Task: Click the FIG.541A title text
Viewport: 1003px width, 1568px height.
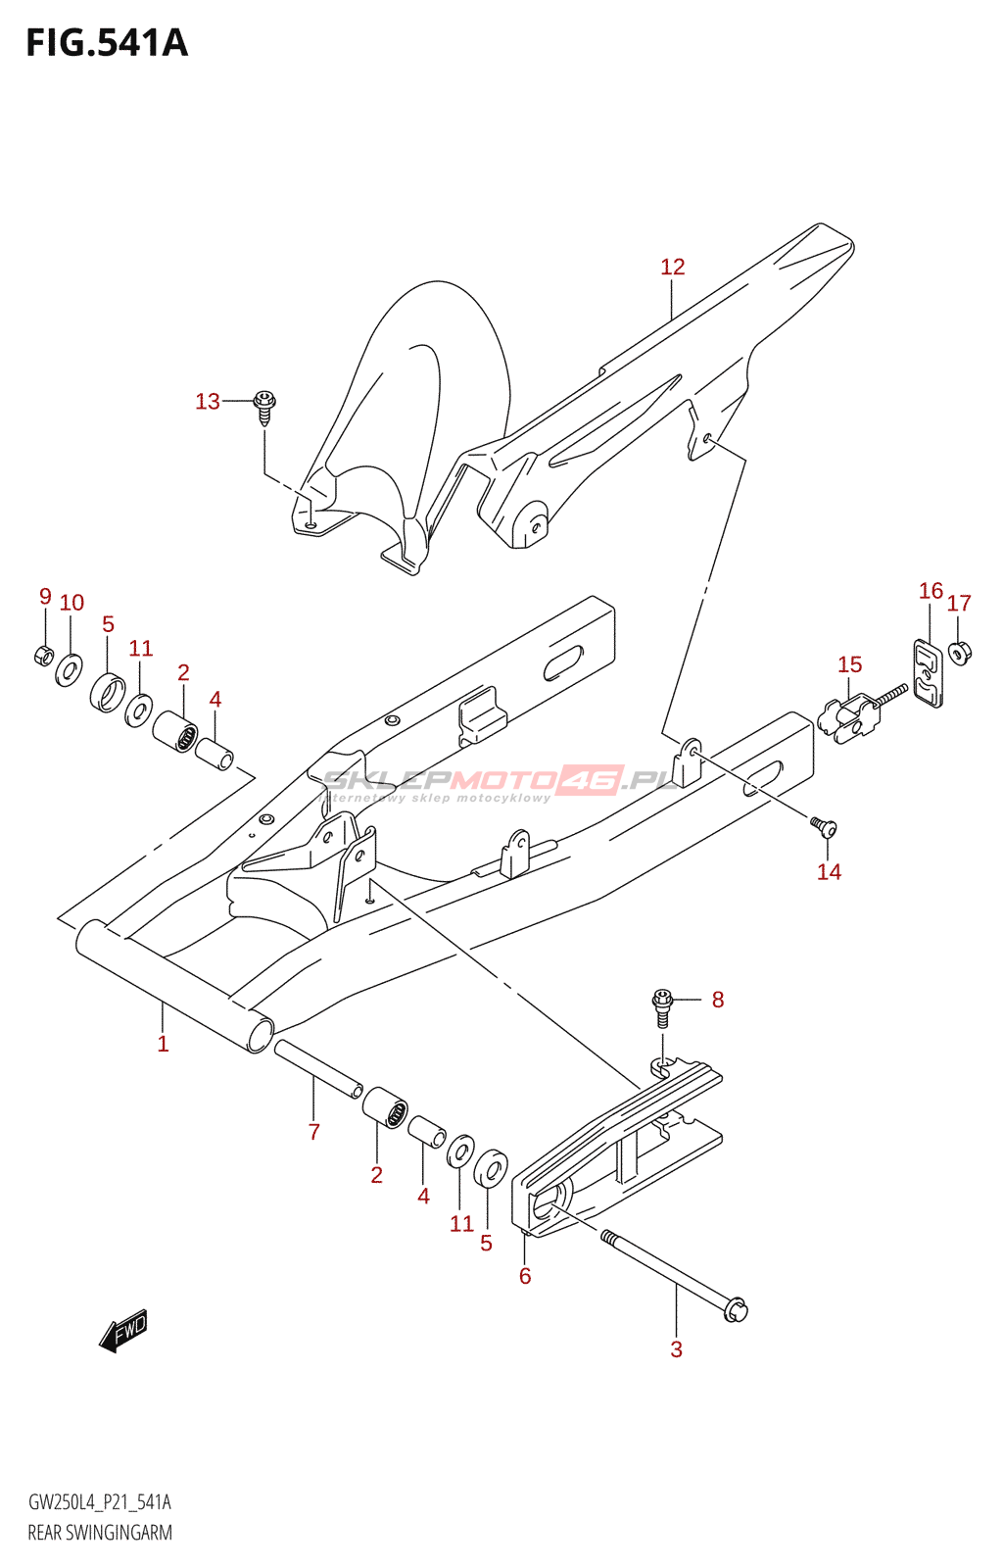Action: pos(107,43)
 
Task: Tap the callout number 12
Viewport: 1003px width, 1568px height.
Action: pos(672,267)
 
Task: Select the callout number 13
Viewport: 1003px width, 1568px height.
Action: pos(207,401)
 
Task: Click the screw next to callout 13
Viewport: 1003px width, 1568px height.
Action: pos(264,406)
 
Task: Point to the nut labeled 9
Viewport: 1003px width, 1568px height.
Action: pos(43,654)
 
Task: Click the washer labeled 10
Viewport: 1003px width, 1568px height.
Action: pos(69,669)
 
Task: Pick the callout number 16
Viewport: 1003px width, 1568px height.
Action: pos(931,590)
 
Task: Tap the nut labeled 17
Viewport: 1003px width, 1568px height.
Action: pos(960,651)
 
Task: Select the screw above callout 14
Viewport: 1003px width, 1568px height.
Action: pos(824,829)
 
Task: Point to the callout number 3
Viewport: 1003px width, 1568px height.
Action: pos(676,1348)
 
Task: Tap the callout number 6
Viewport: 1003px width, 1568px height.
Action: pos(525,1275)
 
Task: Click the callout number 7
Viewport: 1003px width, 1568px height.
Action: pos(313,1132)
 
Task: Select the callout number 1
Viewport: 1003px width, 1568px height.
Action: pos(163,1044)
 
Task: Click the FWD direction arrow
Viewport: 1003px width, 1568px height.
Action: pos(123,1332)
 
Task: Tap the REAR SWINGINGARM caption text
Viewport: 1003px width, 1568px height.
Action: pos(100,1533)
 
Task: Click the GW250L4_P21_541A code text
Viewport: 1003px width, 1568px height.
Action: pos(100,1502)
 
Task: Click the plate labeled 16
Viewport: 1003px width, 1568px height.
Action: pos(929,674)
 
